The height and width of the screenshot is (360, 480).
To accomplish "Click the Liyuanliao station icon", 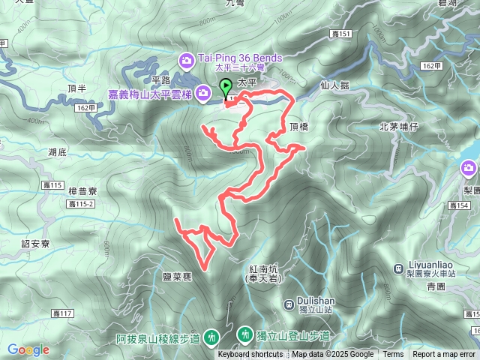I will (397, 268).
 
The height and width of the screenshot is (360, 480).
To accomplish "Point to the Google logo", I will (28, 349).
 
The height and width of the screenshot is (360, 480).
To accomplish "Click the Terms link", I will (393, 355).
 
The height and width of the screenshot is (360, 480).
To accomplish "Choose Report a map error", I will (444, 355).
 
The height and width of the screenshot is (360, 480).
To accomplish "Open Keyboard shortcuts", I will (250, 355).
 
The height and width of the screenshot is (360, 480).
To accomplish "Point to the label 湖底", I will (58, 152).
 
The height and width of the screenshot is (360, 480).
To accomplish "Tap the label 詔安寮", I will (36, 244).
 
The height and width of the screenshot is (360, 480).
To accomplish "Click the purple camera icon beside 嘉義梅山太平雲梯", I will (204, 91).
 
